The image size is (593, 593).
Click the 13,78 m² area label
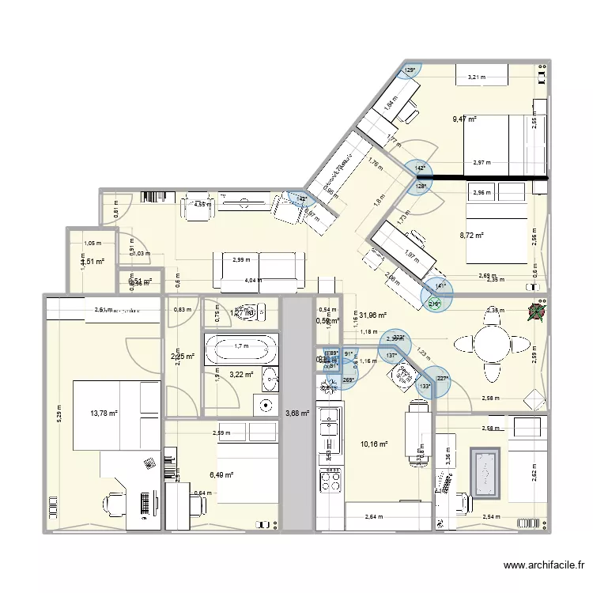[103, 413]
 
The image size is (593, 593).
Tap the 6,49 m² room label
[222, 474]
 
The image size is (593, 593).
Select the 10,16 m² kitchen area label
[373, 444]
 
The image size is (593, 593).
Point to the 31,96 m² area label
[372, 315]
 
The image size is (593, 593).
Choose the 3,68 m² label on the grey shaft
[297, 412]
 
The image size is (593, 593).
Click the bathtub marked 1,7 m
[240, 346]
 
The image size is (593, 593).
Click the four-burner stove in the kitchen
[328, 480]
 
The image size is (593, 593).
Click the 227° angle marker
[442, 378]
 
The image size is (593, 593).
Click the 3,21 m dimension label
[476, 77]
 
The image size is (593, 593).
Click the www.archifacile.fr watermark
[544, 565]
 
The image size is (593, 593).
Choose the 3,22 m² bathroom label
[240, 375]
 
